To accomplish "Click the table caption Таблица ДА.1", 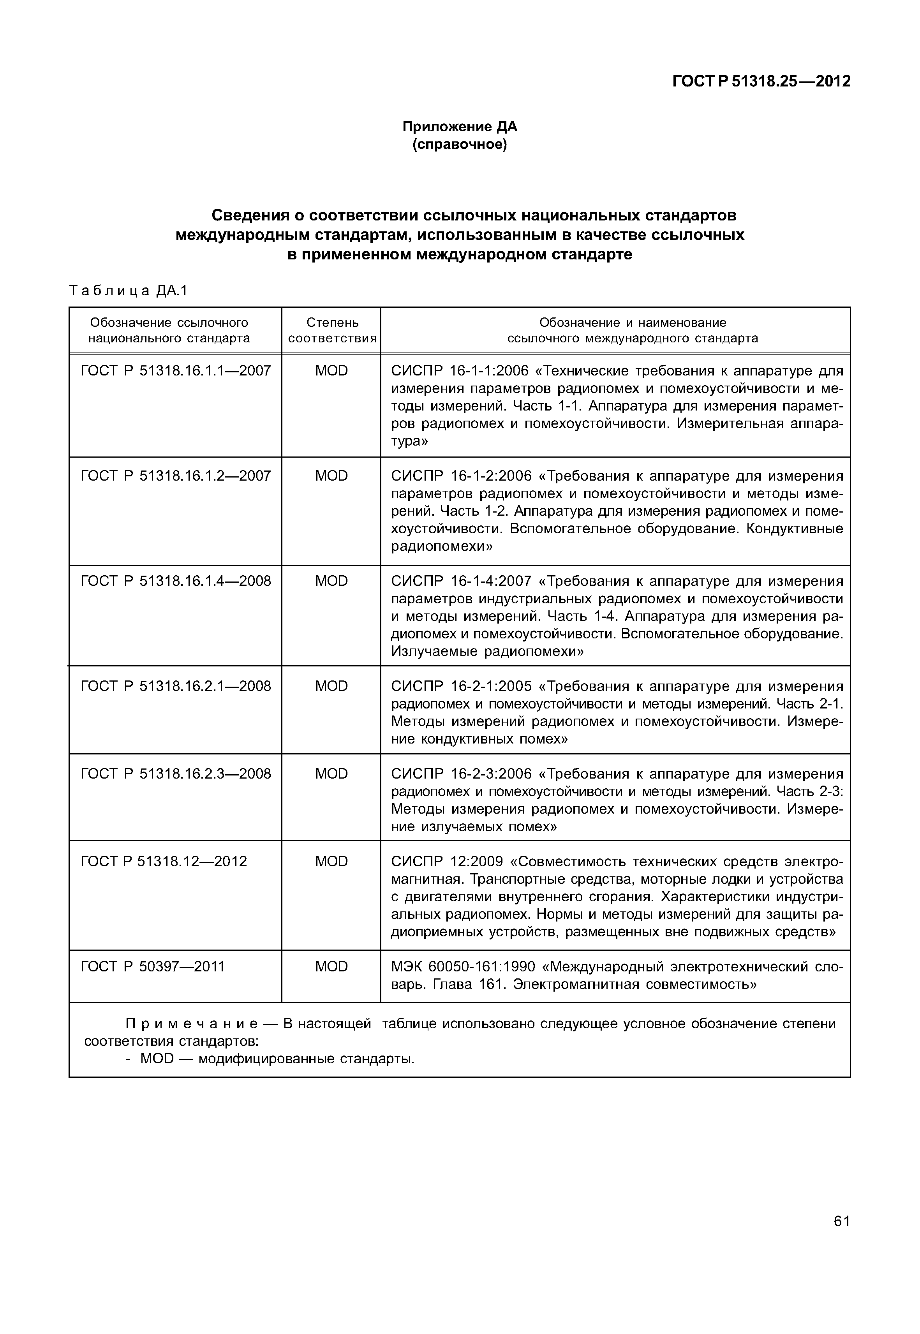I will [129, 291].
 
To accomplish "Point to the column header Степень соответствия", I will [332, 330].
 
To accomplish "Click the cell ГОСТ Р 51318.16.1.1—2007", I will [175, 371].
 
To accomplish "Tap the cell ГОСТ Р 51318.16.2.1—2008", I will [175, 686].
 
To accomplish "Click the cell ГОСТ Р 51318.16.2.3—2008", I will [175, 773].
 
